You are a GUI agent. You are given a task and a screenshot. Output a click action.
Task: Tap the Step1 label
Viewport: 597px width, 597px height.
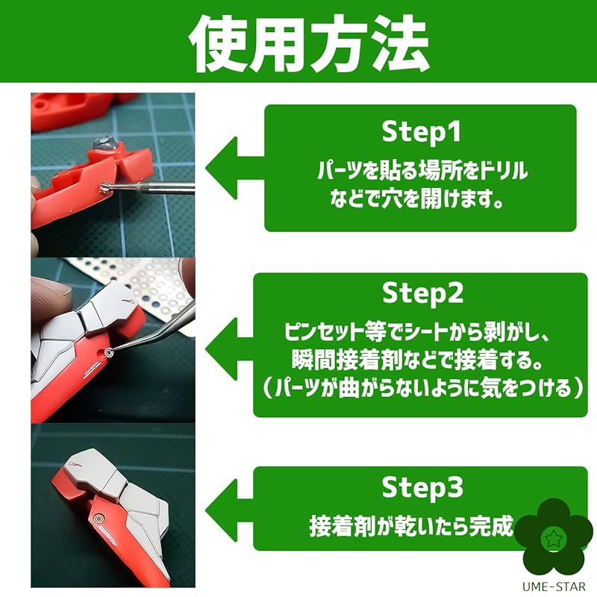pyautogui.click(x=421, y=132)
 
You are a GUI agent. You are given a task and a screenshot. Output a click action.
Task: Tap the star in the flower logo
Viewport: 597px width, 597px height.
pyautogui.click(x=553, y=538)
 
